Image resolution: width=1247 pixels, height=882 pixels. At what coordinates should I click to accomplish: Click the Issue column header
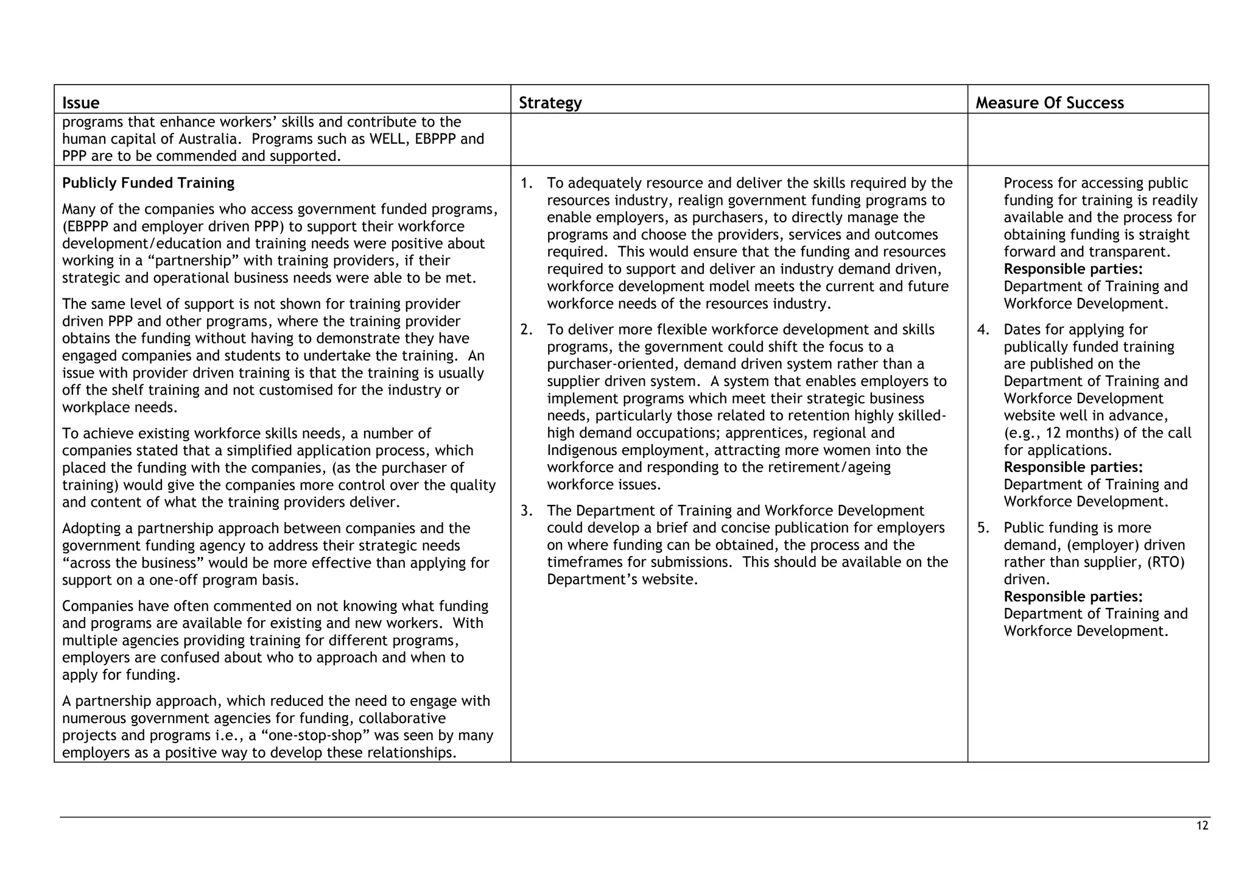[x=81, y=102]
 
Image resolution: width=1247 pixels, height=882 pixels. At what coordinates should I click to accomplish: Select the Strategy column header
[x=550, y=102]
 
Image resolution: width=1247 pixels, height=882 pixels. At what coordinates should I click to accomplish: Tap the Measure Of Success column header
[x=1049, y=102]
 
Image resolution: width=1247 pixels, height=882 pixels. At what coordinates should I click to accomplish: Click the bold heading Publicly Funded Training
[x=148, y=183]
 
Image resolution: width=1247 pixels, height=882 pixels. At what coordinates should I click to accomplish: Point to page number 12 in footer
[x=1202, y=826]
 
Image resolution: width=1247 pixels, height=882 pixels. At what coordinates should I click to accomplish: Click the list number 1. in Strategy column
[x=527, y=183]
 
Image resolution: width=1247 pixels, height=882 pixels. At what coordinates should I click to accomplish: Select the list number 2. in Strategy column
[x=527, y=330]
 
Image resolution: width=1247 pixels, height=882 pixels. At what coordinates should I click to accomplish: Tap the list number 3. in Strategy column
[x=527, y=510]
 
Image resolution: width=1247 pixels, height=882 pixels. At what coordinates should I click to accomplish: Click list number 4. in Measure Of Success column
[x=983, y=330]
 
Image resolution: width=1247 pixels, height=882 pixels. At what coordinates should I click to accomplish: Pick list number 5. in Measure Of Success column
[x=983, y=527]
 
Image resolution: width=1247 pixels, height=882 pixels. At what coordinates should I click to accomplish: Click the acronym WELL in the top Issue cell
[x=390, y=139]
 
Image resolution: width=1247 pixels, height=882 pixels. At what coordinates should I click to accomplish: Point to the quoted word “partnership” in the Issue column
[x=195, y=261]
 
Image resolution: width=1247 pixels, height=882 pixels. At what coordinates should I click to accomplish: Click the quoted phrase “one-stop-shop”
[x=320, y=735]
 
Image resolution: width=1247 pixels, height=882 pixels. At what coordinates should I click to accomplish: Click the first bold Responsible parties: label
[x=1073, y=269]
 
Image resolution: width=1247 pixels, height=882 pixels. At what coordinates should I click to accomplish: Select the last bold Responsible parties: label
[x=1073, y=596]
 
